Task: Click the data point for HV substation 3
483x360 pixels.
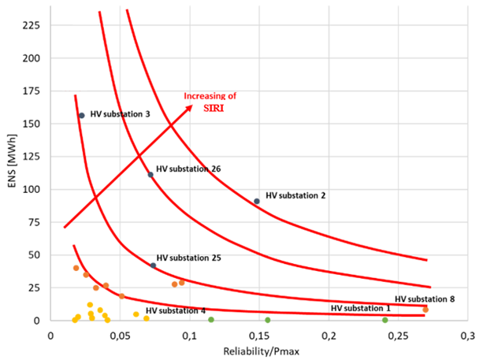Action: pos(81,116)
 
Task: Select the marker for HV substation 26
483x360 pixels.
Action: pos(150,175)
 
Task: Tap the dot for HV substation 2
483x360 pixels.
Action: pos(257,201)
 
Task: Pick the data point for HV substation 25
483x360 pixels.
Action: pos(153,265)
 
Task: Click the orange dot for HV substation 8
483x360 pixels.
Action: pos(425,310)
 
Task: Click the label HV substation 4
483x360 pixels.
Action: pos(176,311)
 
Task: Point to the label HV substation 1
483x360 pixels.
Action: pos(360,308)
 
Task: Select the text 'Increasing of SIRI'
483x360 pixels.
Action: pos(210,101)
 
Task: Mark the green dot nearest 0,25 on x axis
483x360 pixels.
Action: pos(385,320)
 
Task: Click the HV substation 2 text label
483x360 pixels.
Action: pos(295,195)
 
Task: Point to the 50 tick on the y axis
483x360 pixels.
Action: pos(35,254)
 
